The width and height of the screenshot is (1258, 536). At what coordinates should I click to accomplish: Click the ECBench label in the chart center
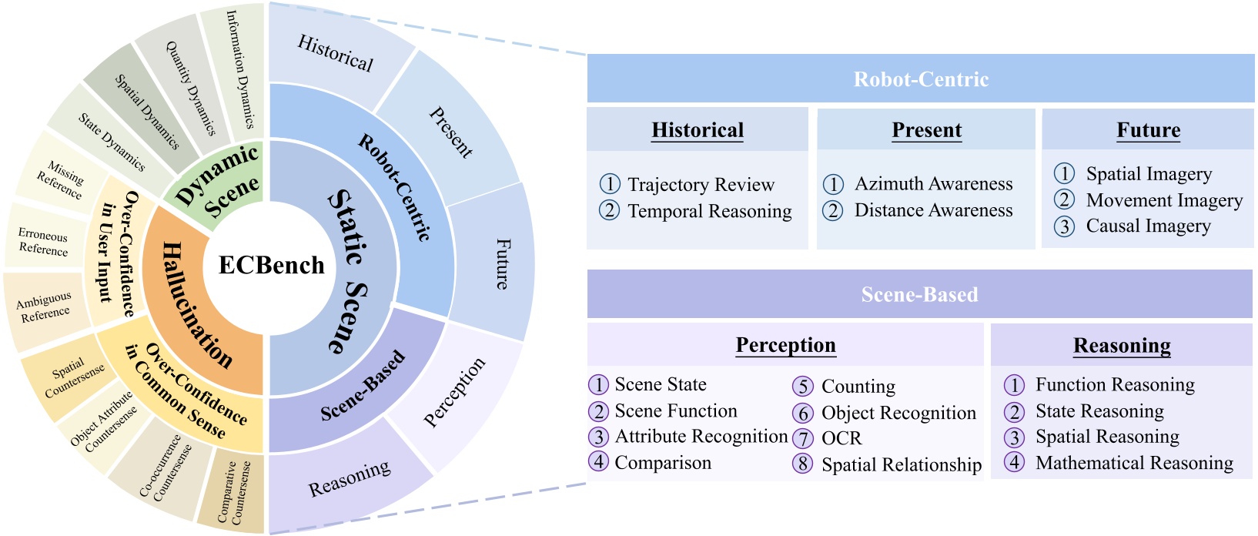point(271,266)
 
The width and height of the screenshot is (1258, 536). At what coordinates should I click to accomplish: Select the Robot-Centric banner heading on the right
point(921,79)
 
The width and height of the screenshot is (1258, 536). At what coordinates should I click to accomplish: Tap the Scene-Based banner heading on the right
point(919,295)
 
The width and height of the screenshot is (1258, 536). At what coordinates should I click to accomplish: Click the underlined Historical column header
point(698,130)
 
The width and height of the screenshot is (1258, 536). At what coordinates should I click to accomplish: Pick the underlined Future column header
point(1148,130)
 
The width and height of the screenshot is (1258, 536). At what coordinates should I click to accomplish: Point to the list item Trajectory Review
point(700,185)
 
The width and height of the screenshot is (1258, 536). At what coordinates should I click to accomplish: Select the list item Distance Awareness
point(933,210)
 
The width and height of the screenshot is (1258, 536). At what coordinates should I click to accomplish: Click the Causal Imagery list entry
point(1147,226)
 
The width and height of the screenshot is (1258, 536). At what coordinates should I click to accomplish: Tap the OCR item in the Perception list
point(841,438)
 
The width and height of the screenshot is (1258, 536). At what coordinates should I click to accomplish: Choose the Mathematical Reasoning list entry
point(1133,463)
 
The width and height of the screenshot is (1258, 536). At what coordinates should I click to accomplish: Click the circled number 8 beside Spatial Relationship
point(803,464)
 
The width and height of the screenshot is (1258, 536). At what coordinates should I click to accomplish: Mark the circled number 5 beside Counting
point(803,387)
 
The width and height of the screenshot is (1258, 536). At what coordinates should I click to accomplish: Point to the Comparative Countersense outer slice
point(231,493)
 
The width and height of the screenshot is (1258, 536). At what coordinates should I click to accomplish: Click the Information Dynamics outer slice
point(238,69)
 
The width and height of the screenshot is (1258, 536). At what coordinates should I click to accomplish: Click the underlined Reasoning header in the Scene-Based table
point(1121,346)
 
